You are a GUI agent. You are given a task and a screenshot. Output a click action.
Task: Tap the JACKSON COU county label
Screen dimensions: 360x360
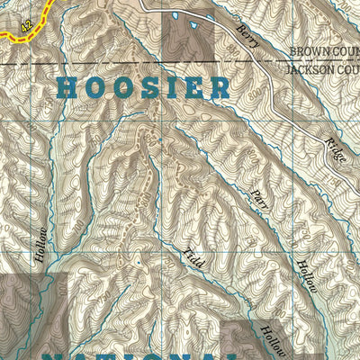[322, 68]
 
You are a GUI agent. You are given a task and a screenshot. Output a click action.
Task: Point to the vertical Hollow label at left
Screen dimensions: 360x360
[40, 244]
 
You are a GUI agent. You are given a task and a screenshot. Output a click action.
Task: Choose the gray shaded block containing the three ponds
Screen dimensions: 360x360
[189, 36]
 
